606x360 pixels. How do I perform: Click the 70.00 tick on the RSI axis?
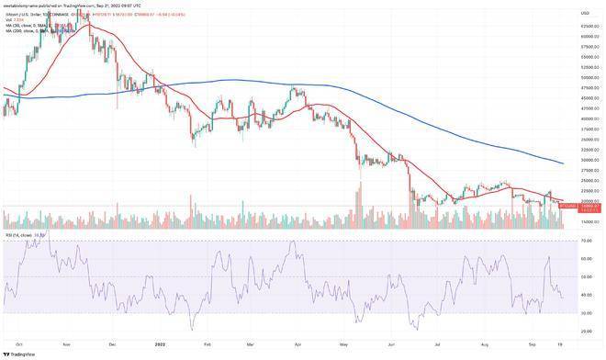click(585, 242)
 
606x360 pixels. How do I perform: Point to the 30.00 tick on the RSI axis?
click(585, 313)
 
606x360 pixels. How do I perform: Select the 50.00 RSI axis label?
click(585, 277)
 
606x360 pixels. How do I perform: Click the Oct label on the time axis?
click(20, 343)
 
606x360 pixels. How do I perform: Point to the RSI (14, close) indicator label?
click(22, 235)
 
